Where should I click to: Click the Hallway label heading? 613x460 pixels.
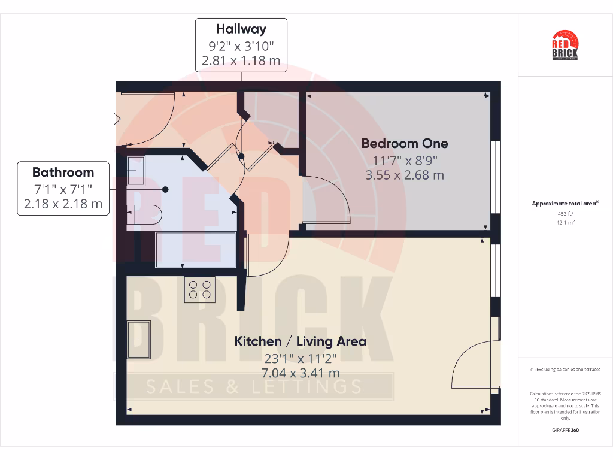(241, 29)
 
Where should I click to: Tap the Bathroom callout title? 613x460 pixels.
(63, 172)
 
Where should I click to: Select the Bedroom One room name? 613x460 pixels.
(405, 144)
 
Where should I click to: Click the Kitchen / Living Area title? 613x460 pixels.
(300, 341)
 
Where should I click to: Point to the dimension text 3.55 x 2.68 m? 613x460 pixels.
(405, 175)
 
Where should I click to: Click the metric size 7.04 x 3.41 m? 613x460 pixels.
(301, 373)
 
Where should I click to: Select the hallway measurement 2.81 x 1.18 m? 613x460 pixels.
(241, 60)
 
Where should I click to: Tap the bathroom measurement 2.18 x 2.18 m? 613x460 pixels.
(63, 204)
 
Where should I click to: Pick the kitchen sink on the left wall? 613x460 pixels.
(139, 340)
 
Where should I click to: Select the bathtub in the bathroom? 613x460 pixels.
(195, 250)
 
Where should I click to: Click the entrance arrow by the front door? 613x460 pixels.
(115, 120)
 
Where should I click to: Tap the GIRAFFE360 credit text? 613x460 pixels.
(565, 430)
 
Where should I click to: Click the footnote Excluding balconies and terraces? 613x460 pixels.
(565, 369)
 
